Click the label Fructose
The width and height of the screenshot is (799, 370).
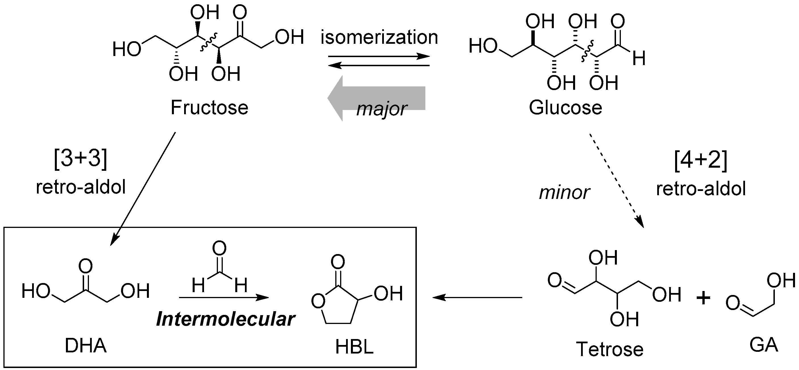click(x=209, y=108)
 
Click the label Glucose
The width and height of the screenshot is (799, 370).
click(x=565, y=108)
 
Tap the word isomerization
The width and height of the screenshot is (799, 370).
click(x=379, y=37)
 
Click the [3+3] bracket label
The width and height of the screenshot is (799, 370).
click(x=80, y=159)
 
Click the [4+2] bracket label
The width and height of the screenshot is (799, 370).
click(x=701, y=160)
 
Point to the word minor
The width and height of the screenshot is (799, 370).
click(x=564, y=192)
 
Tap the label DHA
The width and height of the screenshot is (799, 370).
click(x=86, y=346)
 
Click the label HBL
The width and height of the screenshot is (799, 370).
click(x=354, y=347)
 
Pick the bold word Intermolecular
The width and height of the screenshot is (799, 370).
click(x=226, y=319)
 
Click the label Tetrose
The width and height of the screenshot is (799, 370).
click(x=609, y=349)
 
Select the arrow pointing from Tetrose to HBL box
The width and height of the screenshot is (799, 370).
click(x=477, y=298)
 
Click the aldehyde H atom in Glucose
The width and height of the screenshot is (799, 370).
click(x=639, y=59)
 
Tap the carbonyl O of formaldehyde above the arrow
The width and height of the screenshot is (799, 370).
click(x=219, y=248)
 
